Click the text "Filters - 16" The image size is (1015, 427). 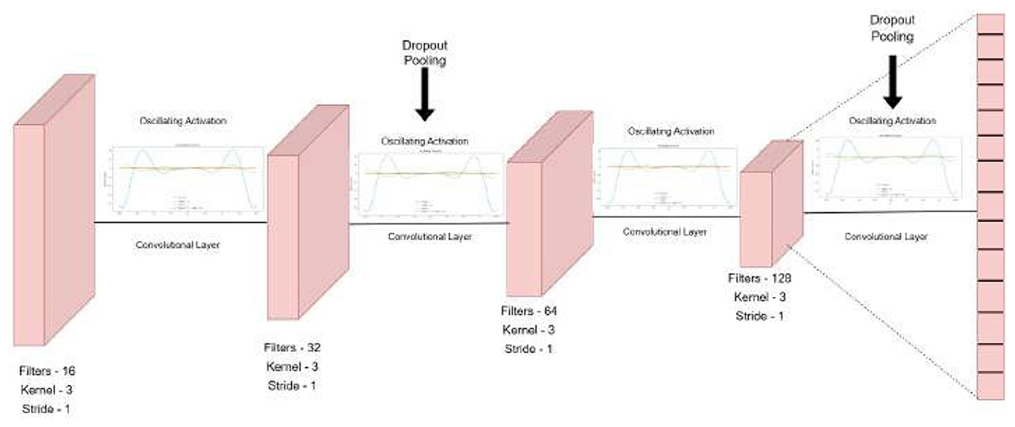[47, 370]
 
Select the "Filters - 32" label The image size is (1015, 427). [293, 347]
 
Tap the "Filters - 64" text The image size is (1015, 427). [529, 311]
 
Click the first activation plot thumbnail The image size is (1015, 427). [187, 178]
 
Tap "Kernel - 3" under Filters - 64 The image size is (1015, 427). [529, 330]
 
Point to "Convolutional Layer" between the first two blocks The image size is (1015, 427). [177, 246]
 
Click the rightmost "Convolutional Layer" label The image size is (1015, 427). [886, 237]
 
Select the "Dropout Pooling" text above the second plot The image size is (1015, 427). [425, 53]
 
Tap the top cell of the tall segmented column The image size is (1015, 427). [990, 22]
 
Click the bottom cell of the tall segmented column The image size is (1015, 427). [990, 384]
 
